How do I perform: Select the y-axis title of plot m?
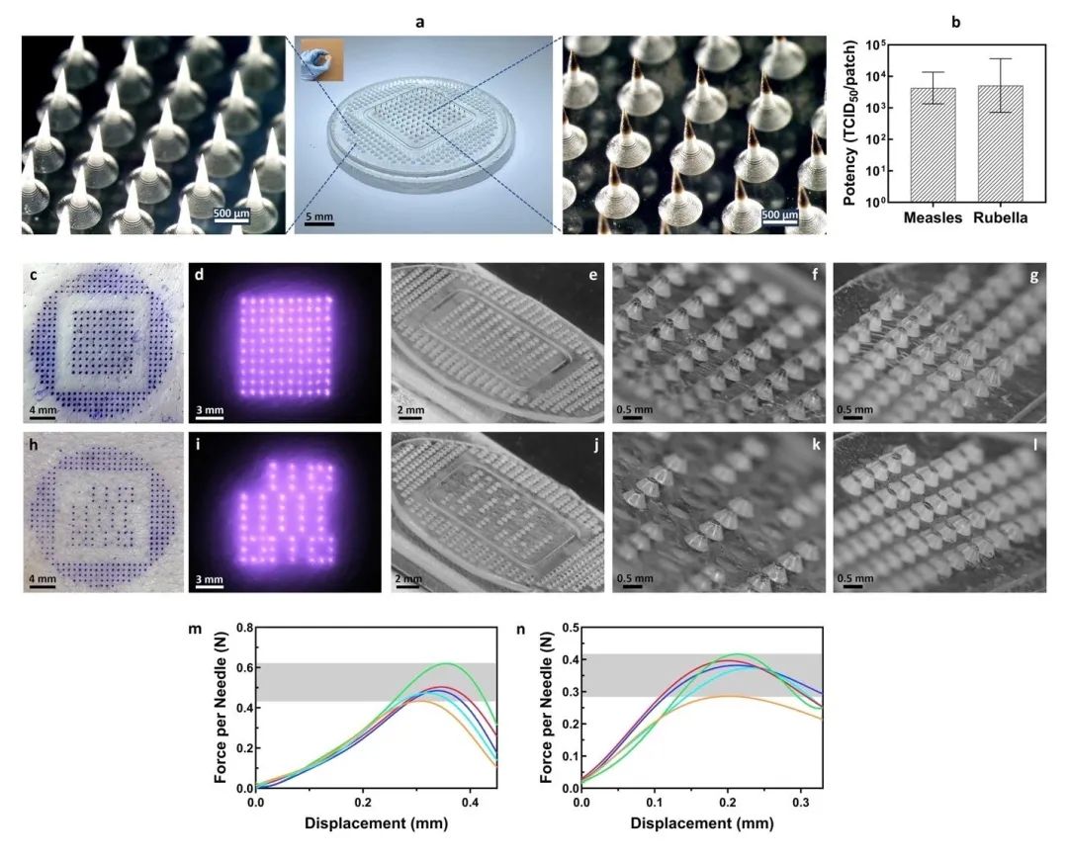coord(222,708)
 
